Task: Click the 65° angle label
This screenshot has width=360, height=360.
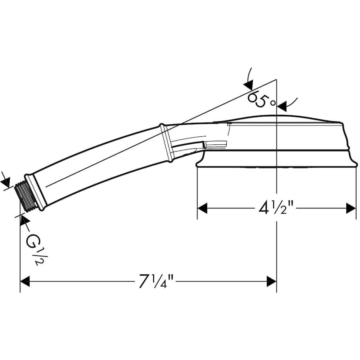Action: pos(259,98)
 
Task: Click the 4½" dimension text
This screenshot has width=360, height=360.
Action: pos(276,208)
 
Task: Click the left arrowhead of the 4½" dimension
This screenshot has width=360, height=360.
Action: pos(203,208)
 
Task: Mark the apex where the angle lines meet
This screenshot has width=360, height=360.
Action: pos(276,80)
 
